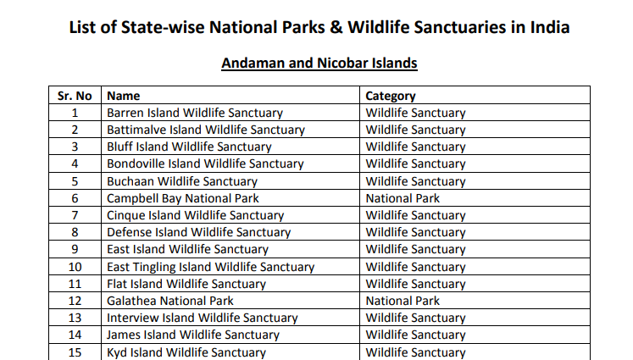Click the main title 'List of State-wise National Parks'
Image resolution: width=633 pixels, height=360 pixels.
tap(319, 28)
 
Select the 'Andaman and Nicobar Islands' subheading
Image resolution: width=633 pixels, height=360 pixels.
tap(319, 63)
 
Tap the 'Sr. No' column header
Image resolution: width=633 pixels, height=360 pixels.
tap(75, 96)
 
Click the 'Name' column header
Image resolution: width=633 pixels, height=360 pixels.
tap(124, 96)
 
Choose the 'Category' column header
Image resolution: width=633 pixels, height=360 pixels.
tap(391, 96)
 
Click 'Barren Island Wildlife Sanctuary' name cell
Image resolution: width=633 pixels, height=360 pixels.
tap(194, 113)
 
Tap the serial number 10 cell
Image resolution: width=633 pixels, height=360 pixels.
tap(75, 267)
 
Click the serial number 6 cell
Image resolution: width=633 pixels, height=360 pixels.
tap(75, 198)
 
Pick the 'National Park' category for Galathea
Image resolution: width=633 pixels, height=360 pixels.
tap(403, 301)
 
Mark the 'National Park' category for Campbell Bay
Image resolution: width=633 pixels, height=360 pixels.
tap(403, 198)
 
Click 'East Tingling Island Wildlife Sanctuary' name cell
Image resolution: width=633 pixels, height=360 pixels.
tap(210, 267)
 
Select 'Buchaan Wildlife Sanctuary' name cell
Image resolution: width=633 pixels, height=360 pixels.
tap(181, 181)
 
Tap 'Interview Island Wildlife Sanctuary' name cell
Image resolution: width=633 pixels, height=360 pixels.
tap(202, 318)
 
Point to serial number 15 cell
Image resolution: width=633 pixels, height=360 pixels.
tap(75, 352)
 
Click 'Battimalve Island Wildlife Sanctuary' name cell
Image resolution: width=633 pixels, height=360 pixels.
tap(205, 130)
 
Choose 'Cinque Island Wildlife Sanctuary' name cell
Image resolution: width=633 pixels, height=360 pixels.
tap(195, 215)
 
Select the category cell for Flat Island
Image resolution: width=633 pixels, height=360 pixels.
tap(415, 284)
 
